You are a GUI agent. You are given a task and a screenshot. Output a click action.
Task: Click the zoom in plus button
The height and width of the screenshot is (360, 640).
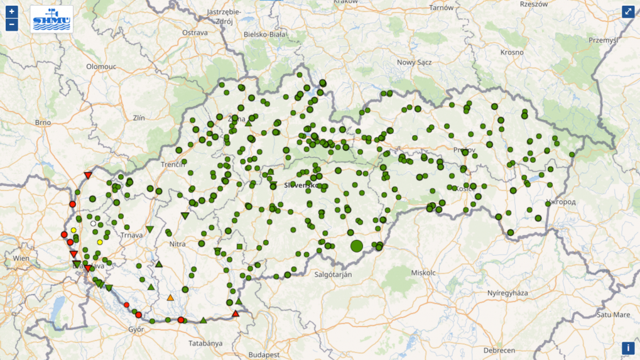[11, 12]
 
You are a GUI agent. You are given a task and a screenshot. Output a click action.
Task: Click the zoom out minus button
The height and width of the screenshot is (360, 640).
[11, 25]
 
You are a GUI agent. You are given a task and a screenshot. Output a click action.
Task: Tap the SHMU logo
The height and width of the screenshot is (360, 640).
[52, 19]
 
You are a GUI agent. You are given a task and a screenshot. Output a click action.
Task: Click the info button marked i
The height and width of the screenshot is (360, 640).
[628, 348]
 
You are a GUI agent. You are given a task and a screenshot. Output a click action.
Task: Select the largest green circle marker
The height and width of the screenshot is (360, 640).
[357, 246]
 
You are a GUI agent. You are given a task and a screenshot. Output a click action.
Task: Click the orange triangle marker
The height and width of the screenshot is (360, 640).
[170, 297]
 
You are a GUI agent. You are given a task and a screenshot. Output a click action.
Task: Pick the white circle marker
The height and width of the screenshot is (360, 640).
[94, 224]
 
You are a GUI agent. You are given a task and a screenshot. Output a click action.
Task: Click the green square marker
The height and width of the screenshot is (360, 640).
[240, 246]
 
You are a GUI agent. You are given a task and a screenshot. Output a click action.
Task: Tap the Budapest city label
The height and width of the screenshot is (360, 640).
[264, 354]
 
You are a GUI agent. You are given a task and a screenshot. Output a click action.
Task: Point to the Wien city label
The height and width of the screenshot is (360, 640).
[21, 258]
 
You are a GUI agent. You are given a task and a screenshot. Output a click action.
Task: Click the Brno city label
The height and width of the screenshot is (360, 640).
[43, 123]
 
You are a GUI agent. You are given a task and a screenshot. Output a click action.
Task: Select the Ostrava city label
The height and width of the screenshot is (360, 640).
[195, 33]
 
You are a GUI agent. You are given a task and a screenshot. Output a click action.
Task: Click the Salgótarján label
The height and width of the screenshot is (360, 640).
[332, 275]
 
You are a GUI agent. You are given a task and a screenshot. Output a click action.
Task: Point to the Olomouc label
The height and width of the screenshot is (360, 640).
[102, 66]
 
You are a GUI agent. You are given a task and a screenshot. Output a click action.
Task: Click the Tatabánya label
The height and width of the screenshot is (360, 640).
[206, 343]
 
